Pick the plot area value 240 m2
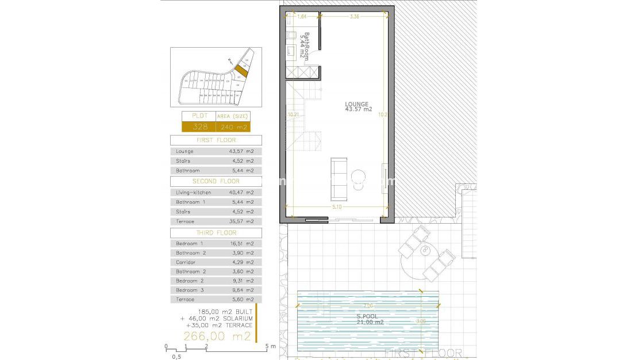(239, 127)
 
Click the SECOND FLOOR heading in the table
(216, 181)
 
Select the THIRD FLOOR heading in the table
(216, 233)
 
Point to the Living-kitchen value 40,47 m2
(241, 193)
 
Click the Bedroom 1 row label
(189, 244)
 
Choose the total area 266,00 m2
(217, 336)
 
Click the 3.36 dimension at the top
(355, 17)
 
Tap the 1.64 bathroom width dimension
(302, 17)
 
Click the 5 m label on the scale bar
(270, 347)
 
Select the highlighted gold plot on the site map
(241, 70)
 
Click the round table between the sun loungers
(426, 250)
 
